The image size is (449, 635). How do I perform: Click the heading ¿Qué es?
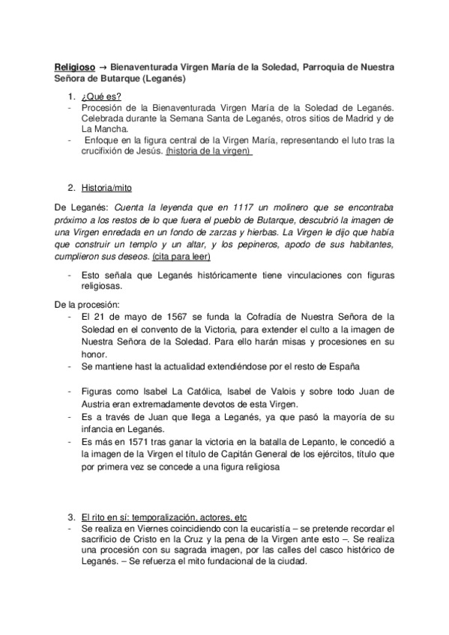[102, 97]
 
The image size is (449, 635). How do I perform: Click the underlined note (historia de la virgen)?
[209, 150]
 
